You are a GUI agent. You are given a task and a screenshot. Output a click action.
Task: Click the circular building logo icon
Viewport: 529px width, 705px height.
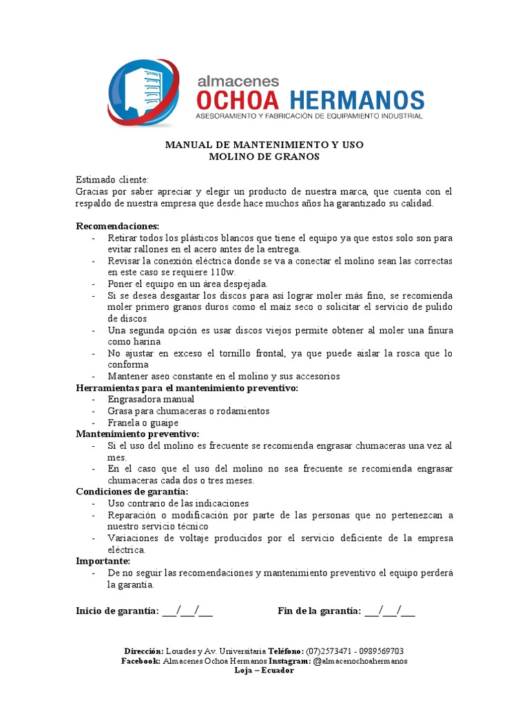click(x=143, y=93)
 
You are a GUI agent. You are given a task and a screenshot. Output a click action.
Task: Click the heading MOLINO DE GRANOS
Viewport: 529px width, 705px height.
click(x=264, y=156)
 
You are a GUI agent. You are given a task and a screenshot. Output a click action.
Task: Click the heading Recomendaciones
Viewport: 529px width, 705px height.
click(x=117, y=226)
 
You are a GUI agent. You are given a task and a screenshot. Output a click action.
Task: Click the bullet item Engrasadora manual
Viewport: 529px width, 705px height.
click(x=151, y=399)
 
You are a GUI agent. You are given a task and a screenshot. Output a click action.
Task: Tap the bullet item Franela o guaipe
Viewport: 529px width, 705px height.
click(x=143, y=422)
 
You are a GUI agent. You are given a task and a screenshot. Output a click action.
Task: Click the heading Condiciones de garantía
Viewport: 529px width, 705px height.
click(x=132, y=492)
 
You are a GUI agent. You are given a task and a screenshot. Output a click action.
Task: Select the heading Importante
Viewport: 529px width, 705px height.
click(x=103, y=561)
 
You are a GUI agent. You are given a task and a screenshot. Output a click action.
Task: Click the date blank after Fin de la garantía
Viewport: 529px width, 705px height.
click(x=390, y=610)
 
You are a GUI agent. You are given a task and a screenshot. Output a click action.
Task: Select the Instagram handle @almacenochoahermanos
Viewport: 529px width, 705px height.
click(x=360, y=660)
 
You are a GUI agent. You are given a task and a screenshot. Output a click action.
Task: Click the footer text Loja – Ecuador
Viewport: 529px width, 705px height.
click(x=264, y=670)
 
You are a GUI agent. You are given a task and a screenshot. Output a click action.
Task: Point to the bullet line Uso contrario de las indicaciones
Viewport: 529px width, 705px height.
click(x=178, y=503)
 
